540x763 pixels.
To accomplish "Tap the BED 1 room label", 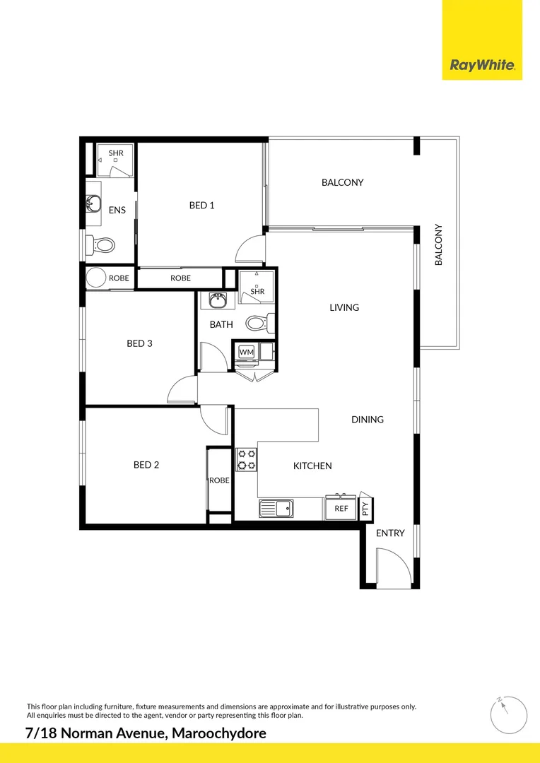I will click(x=201, y=206).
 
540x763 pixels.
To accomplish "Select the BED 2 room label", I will click(x=146, y=465).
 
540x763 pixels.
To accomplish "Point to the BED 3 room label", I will click(x=139, y=344).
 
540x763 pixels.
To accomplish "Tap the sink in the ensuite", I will click(x=92, y=205).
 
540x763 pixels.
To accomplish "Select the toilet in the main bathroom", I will click(x=255, y=323).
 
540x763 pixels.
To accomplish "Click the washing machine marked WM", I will click(x=246, y=352).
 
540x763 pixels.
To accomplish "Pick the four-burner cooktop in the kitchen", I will click(x=247, y=460).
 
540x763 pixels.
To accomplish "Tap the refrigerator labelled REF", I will click(x=341, y=508).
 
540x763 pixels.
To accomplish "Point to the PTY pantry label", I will click(x=365, y=509).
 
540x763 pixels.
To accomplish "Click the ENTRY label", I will click(x=390, y=533).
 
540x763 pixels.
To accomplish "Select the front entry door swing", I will click(x=392, y=568).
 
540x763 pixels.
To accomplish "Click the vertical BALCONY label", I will click(x=438, y=245).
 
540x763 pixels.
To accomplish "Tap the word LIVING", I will click(x=344, y=307).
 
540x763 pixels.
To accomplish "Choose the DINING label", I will click(x=368, y=420).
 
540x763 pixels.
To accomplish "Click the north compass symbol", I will click(x=508, y=714).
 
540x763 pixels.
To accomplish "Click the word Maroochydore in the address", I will click(x=219, y=733).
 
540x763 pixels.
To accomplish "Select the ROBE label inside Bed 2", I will click(x=219, y=480).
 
